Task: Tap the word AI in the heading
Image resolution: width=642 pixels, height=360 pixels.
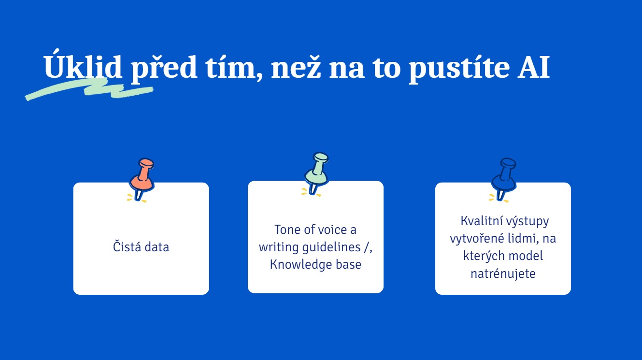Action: (534, 67)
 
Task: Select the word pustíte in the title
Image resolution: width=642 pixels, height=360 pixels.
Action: (459, 68)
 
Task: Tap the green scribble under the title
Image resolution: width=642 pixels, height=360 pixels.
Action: (89, 88)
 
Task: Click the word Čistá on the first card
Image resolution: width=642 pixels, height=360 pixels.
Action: (127, 246)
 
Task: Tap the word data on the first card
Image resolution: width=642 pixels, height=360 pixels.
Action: (157, 247)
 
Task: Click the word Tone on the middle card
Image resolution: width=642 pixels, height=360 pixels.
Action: (287, 230)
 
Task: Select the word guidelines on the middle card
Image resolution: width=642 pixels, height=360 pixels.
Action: (331, 247)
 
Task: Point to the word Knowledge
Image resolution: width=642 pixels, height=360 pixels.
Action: (300, 265)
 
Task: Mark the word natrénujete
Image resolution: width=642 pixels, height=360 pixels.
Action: (503, 274)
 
